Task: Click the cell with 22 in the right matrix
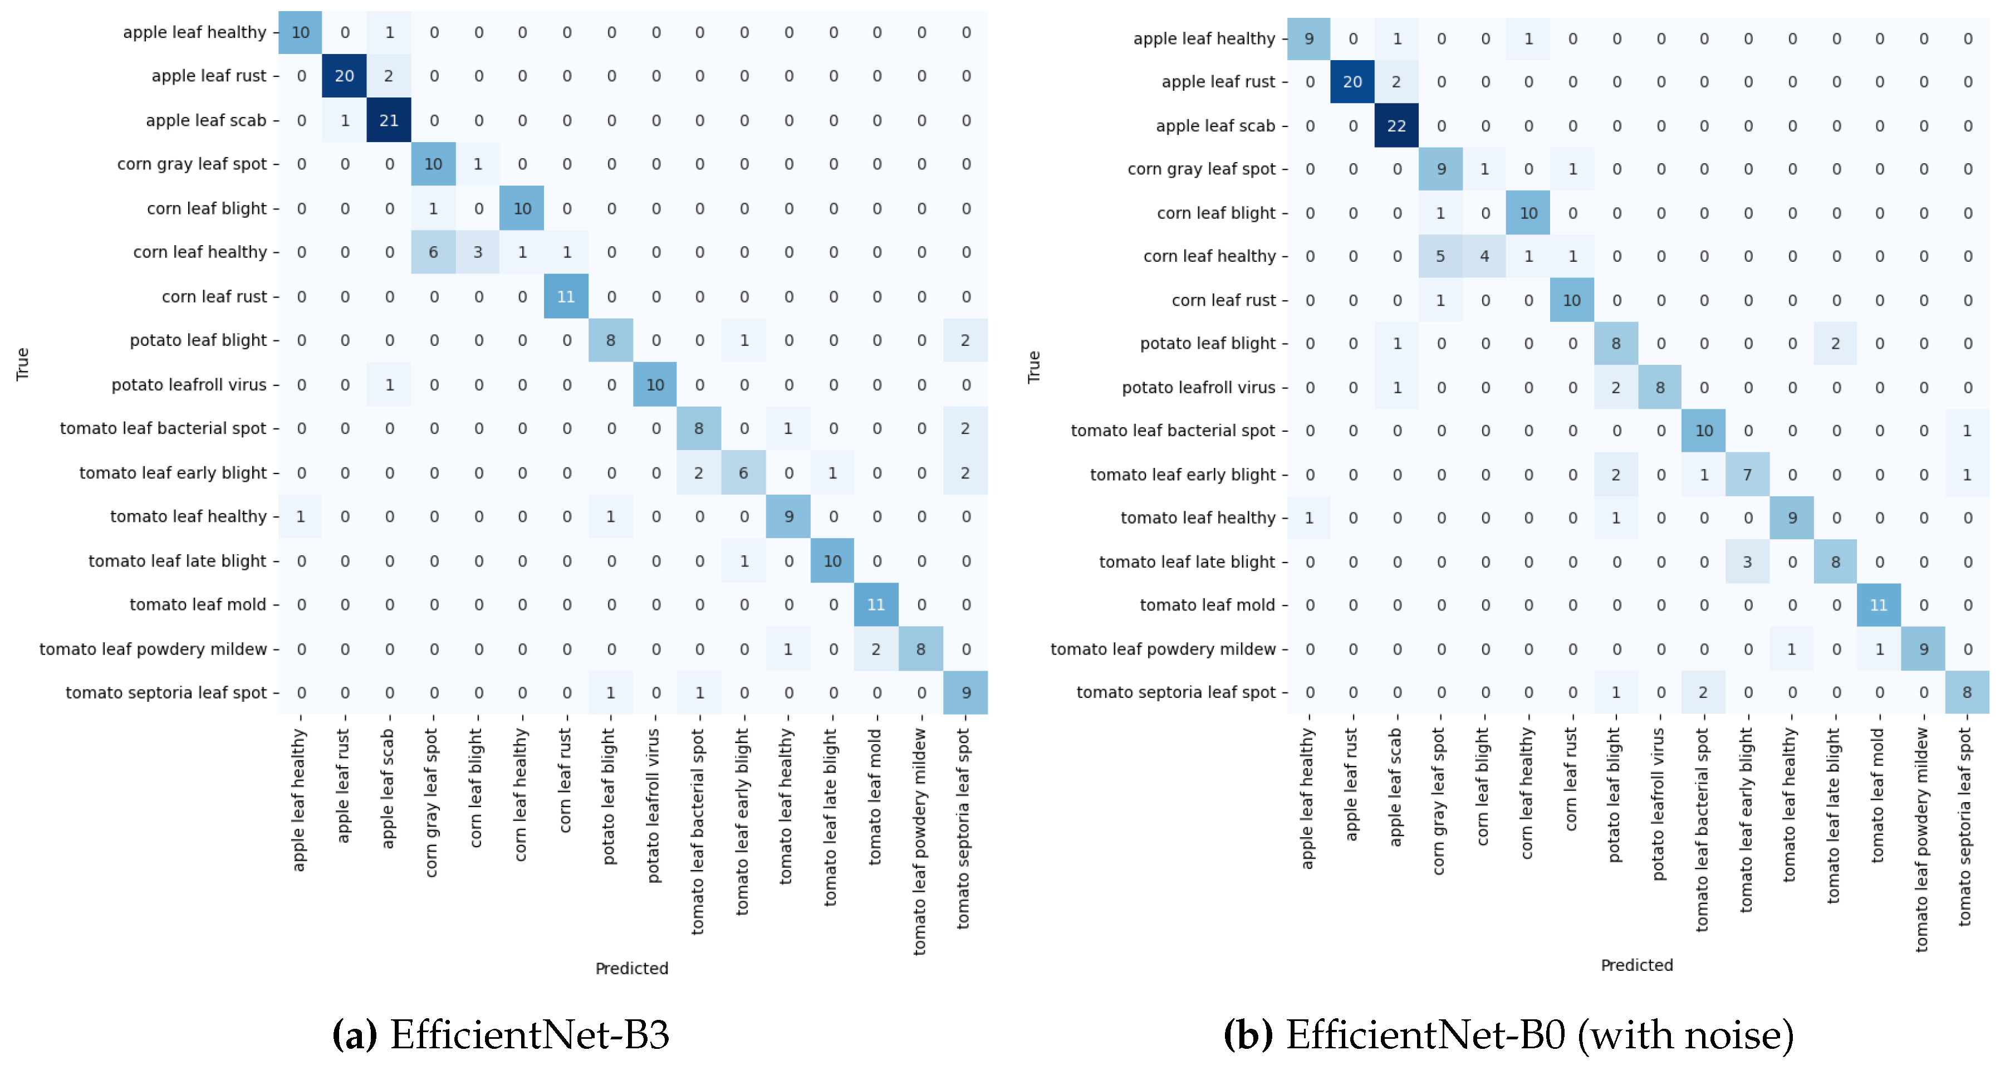[1396, 125]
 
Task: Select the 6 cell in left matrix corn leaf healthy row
[433, 252]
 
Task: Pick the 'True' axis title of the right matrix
[1033, 366]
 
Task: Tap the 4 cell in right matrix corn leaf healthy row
[1484, 256]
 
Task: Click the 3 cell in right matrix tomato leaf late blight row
[1747, 561]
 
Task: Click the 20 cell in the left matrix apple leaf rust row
[344, 76]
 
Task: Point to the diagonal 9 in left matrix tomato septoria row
[965, 692]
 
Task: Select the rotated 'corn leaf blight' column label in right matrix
[1483, 786]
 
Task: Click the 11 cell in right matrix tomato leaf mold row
[1879, 605]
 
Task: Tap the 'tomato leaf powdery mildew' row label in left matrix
[153, 648]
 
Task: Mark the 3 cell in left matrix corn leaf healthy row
[477, 252]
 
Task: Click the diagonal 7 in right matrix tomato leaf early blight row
[1747, 474]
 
